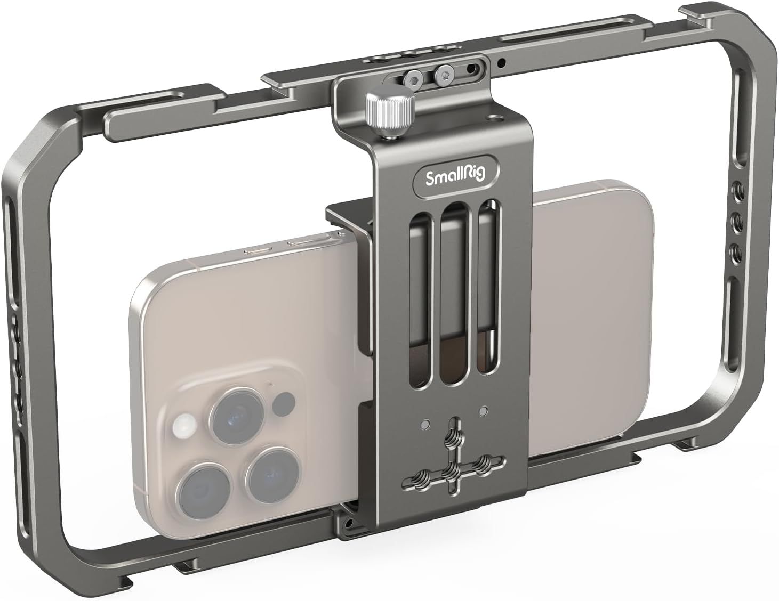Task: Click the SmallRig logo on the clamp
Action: [456, 177]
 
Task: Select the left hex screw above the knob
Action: [413, 78]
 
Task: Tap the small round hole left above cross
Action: [425, 424]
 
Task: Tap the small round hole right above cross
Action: [483, 411]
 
